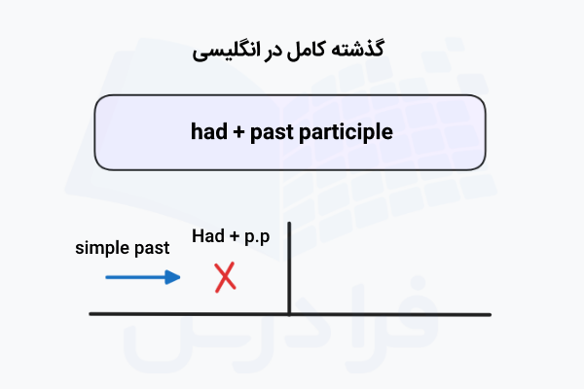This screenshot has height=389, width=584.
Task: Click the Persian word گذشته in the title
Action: point(361,49)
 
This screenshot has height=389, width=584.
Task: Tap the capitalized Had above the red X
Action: point(208,235)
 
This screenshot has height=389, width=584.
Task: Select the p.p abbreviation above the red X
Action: point(257,236)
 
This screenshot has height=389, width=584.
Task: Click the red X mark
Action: point(225,277)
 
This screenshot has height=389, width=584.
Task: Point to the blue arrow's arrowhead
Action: point(175,277)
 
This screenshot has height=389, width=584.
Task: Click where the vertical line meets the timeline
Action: point(289,313)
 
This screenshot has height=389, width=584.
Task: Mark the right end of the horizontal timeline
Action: point(490,313)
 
